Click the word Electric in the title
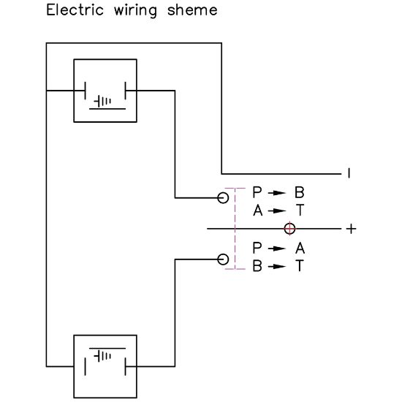[x=75, y=10]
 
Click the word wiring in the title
[x=135, y=12]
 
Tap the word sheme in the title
[x=192, y=10]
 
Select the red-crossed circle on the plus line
[x=289, y=229]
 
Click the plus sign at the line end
[x=351, y=229]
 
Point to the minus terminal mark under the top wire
[x=349, y=173]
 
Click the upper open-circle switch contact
[x=223, y=198]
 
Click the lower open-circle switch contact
[x=223, y=259]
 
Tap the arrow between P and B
[x=277, y=193]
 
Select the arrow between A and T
[x=277, y=211]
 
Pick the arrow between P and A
[x=277, y=249]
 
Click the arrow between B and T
[x=277, y=266]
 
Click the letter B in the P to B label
[x=300, y=192]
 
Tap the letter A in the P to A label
[x=300, y=249]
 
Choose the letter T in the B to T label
[x=300, y=266]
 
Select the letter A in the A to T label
[x=258, y=211]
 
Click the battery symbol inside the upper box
[x=102, y=102]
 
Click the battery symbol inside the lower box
[x=102, y=356]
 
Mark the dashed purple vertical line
[x=235, y=229]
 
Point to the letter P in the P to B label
[x=257, y=192]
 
